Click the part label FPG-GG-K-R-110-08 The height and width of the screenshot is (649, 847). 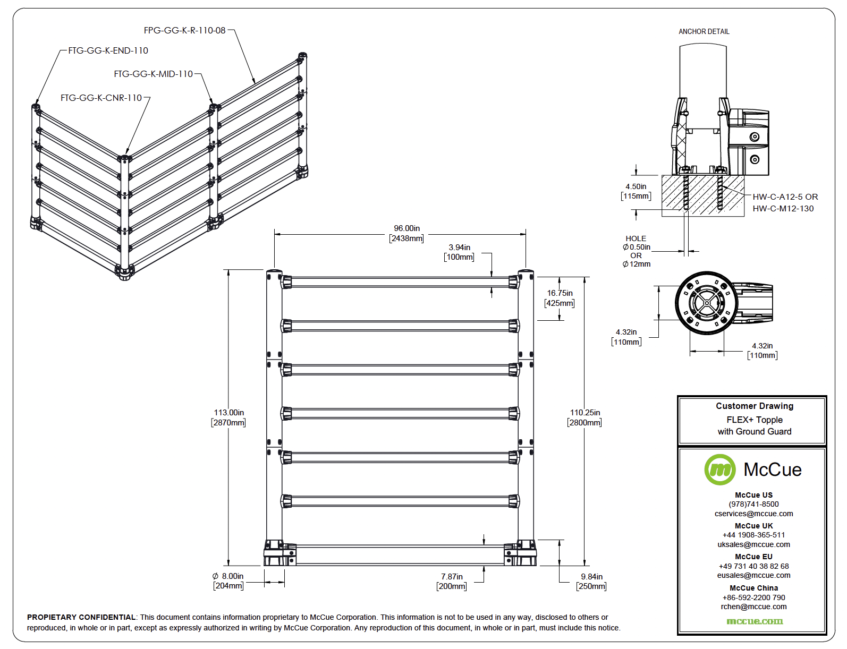tap(184, 30)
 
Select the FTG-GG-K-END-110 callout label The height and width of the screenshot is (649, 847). tap(108, 50)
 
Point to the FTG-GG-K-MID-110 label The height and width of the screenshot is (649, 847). tap(153, 74)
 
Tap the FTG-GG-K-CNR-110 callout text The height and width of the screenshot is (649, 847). tap(101, 98)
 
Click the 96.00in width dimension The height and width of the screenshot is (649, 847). tap(406, 228)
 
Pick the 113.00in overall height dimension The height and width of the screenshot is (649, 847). tap(228, 413)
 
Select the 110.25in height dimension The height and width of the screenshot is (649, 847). tap(585, 413)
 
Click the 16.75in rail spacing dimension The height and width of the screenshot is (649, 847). tap(560, 293)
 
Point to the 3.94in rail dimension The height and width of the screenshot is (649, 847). tap(459, 247)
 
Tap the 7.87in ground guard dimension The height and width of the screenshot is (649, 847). tap(452, 577)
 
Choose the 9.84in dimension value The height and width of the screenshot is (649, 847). tap(591, 577)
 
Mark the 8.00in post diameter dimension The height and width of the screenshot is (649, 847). tap(228, 576)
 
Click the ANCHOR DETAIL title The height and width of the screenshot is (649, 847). tap(704, 31)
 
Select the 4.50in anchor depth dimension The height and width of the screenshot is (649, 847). tap(636, 186)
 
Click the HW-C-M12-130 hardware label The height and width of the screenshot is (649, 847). tap(783, 209)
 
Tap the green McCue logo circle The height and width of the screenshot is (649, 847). tap(719, 469)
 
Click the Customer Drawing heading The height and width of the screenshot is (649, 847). tap(754, 406)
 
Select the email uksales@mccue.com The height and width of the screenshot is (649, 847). tap(753, 544)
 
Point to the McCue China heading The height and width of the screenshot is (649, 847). tap(753, 588)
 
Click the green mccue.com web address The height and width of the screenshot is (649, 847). tap(754, 621)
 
